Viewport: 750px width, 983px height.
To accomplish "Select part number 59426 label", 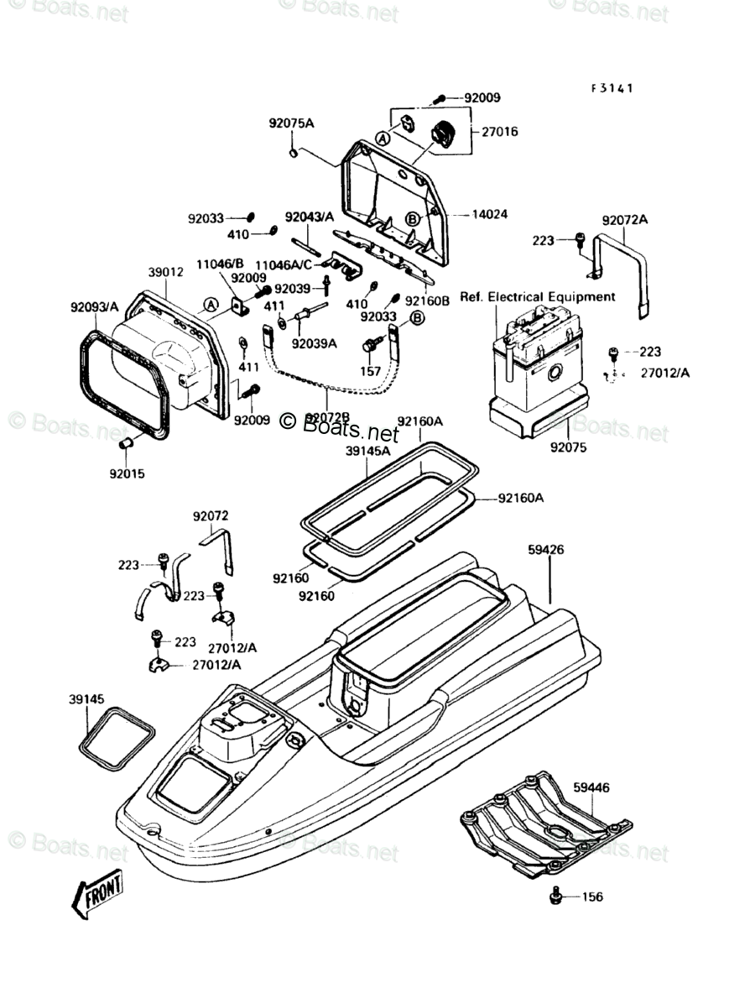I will pos(545,551).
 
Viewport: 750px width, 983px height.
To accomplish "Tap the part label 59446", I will pos(591,787).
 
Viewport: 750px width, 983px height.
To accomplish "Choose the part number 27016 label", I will pos(499,132).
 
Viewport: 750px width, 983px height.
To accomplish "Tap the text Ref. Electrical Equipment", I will pos(537,297).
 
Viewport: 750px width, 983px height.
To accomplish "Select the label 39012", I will pos(165,273).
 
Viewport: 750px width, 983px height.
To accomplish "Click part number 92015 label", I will pos(127,473).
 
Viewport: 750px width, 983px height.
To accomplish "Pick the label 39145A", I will pos(368,451).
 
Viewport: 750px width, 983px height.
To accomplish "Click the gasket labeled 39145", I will pos(117,736).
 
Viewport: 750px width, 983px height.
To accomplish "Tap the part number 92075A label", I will pos(291,123).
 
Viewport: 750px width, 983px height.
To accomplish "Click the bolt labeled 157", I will pos(371,344).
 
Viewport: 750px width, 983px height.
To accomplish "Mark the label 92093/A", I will pos(95,307).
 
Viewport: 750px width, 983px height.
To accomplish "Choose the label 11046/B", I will pos(220,264).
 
